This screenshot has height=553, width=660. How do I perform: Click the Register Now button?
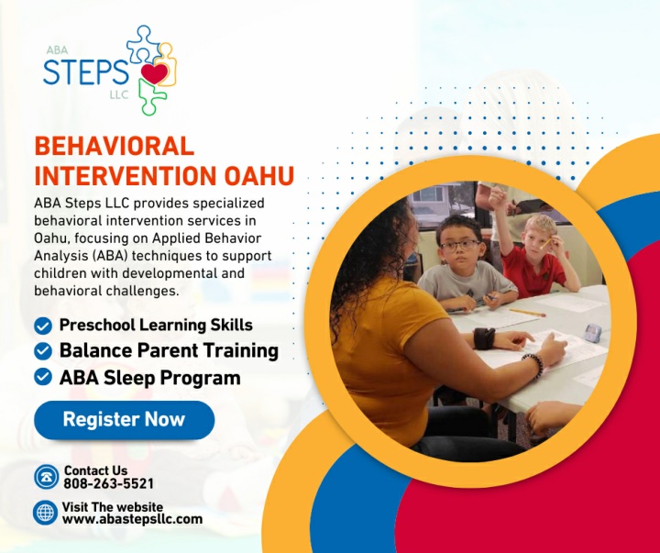[x=124, y=420]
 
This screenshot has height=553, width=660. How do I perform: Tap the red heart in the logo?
[x=155, y=72]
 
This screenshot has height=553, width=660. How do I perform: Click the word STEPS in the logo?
[x=86, y=72]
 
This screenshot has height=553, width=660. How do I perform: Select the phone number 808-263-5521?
[x=108, y=483]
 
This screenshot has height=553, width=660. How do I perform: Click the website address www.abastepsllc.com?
[x=132, y=519]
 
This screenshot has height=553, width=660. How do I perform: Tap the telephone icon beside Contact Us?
[x=47, y=477]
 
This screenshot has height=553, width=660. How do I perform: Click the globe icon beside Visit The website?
[x=46, y=513]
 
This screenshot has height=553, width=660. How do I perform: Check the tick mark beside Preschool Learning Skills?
[x=43, y=326]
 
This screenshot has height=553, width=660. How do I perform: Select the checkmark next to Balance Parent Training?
[x=43, y=351]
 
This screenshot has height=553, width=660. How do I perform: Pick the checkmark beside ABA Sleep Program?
[x=43, y=377]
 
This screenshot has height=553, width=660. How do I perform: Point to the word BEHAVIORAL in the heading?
[x=114, y=146]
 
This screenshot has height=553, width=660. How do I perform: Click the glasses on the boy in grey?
[x=460, y=245]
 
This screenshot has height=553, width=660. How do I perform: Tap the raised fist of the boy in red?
[x=498, y=197]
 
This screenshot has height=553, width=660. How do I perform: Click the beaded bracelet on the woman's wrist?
[x=534, y=364]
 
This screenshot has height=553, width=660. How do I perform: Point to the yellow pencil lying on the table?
[x=527, y=313]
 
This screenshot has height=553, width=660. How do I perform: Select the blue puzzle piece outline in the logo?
[x=144, y=44]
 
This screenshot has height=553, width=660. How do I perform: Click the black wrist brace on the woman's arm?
[x=484, y=338]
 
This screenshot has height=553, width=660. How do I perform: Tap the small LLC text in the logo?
[x=119, y=94]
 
